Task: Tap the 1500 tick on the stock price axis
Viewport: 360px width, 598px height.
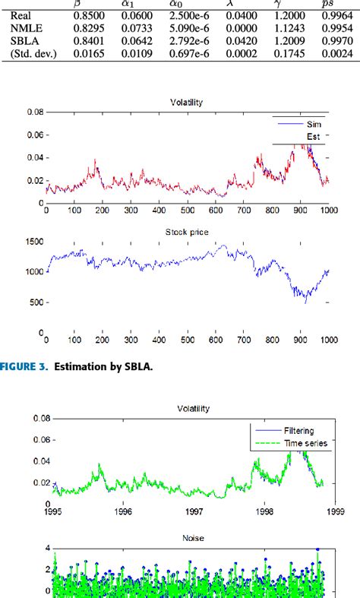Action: pyautogui.click(x=27, y=241)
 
